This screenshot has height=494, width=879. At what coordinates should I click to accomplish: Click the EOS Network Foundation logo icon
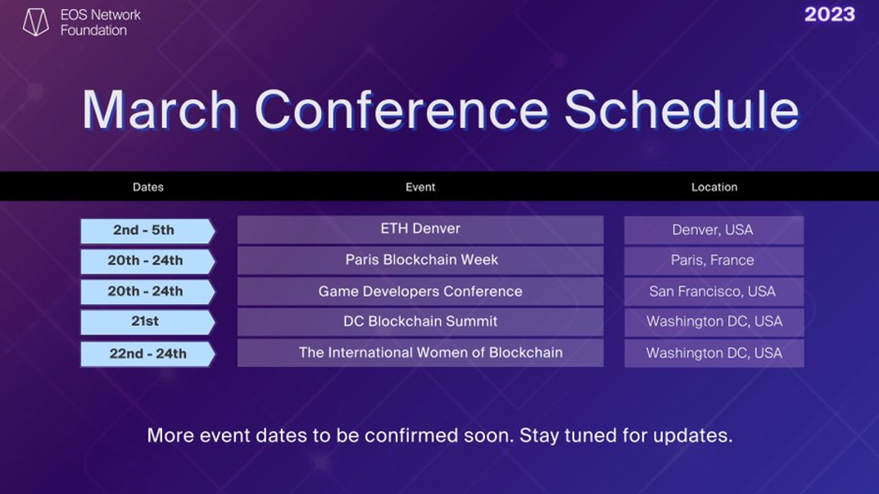(x=36, y=22)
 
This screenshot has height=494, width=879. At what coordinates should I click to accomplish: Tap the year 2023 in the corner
(x=830, y=15)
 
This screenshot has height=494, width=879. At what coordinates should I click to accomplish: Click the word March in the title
(x=161, y=110)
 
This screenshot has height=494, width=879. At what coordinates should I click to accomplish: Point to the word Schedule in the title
(x=681, y=110)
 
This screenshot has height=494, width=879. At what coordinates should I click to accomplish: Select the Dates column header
(x=148, y=188)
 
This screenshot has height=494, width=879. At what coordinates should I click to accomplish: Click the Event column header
(x=420, y=188)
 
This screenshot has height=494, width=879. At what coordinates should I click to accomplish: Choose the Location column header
(x=714, y=188)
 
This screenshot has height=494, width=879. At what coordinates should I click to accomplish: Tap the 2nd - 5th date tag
(x=147, y=231)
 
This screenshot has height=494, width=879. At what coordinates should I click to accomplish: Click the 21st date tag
(x=147, y=323)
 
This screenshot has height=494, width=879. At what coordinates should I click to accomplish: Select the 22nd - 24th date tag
(x=147, y=355)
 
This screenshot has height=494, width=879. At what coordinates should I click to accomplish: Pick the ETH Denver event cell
(x=420, y=230)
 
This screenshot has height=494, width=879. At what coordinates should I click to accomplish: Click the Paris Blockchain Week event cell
(x=420, y=261)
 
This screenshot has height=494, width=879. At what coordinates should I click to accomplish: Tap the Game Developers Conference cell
(x=420, y=292)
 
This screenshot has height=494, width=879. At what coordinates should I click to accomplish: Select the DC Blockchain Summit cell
(x=420, y=322)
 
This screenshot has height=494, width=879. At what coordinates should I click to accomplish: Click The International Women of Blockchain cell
(x=420, y=353)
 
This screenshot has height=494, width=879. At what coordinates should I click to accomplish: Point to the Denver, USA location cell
(x=714, y=230)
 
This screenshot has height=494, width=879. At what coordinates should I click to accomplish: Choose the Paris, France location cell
(x=714, y=261)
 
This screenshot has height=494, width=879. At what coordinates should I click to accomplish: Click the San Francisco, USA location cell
(x=714, y=292)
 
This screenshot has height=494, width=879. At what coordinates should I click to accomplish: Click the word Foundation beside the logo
(x=93, y=30)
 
